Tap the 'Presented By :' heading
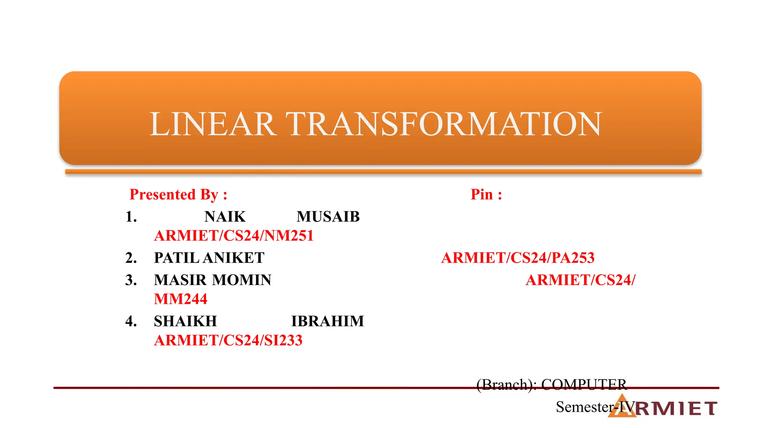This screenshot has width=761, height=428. click(x=178, y=194)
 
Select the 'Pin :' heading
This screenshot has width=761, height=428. click(x=486, y=194)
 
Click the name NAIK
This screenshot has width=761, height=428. click(x=225, y=217)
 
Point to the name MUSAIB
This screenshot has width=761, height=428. click(x=328, y=217)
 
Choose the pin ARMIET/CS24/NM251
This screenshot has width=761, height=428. click(x=234, y=236)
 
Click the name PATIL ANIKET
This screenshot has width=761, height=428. click(x=209, y=258)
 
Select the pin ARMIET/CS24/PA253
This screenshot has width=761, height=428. click(x=518, y=258)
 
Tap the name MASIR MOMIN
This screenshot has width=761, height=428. click(x=213, y=280)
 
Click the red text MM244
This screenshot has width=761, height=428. click(x=181, y=299)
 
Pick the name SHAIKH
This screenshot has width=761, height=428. click(x=185, y=321)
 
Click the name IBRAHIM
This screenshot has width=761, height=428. click(x=327, y=321)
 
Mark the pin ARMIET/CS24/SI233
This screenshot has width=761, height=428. click(x=228, y=340)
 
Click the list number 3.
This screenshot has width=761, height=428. click(x=131, y=280)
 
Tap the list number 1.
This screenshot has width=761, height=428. click(x=131, y=217)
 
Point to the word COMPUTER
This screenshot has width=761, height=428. click(x=584, y=385)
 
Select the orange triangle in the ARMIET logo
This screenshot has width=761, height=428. click(x=622, y=408)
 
